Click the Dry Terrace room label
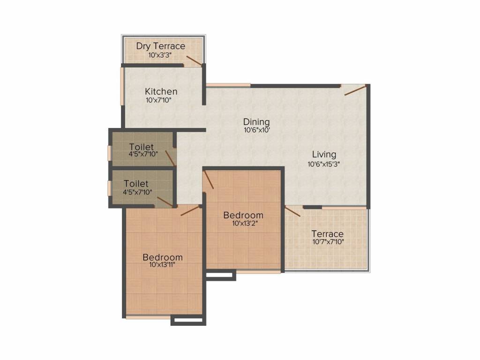tap(161, 46)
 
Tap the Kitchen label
tap(161, 91)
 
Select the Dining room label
tap(256, 121)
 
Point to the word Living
tap(324, 154)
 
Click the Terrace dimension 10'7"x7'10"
tap(328, 242)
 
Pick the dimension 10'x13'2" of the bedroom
tap(245, 223)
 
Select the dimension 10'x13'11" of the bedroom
tap(162, 265)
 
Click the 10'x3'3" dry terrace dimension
tap(160, 55)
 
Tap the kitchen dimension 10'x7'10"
tap(158, 100)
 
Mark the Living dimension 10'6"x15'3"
tap(324, 164)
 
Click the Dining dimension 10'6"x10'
tap(257, 130)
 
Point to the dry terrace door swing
tap(194, 60)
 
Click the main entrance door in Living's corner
tap(355, 90)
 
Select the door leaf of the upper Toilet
tap(170, 158)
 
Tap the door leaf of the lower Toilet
tap(165, 202)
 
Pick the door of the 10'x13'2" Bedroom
tap(209, 180)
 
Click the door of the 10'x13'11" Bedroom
tap(190, 210)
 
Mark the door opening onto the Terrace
tap(292, 211)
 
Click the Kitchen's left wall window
tap(122, 86)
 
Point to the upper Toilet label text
tap(141, 147)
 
